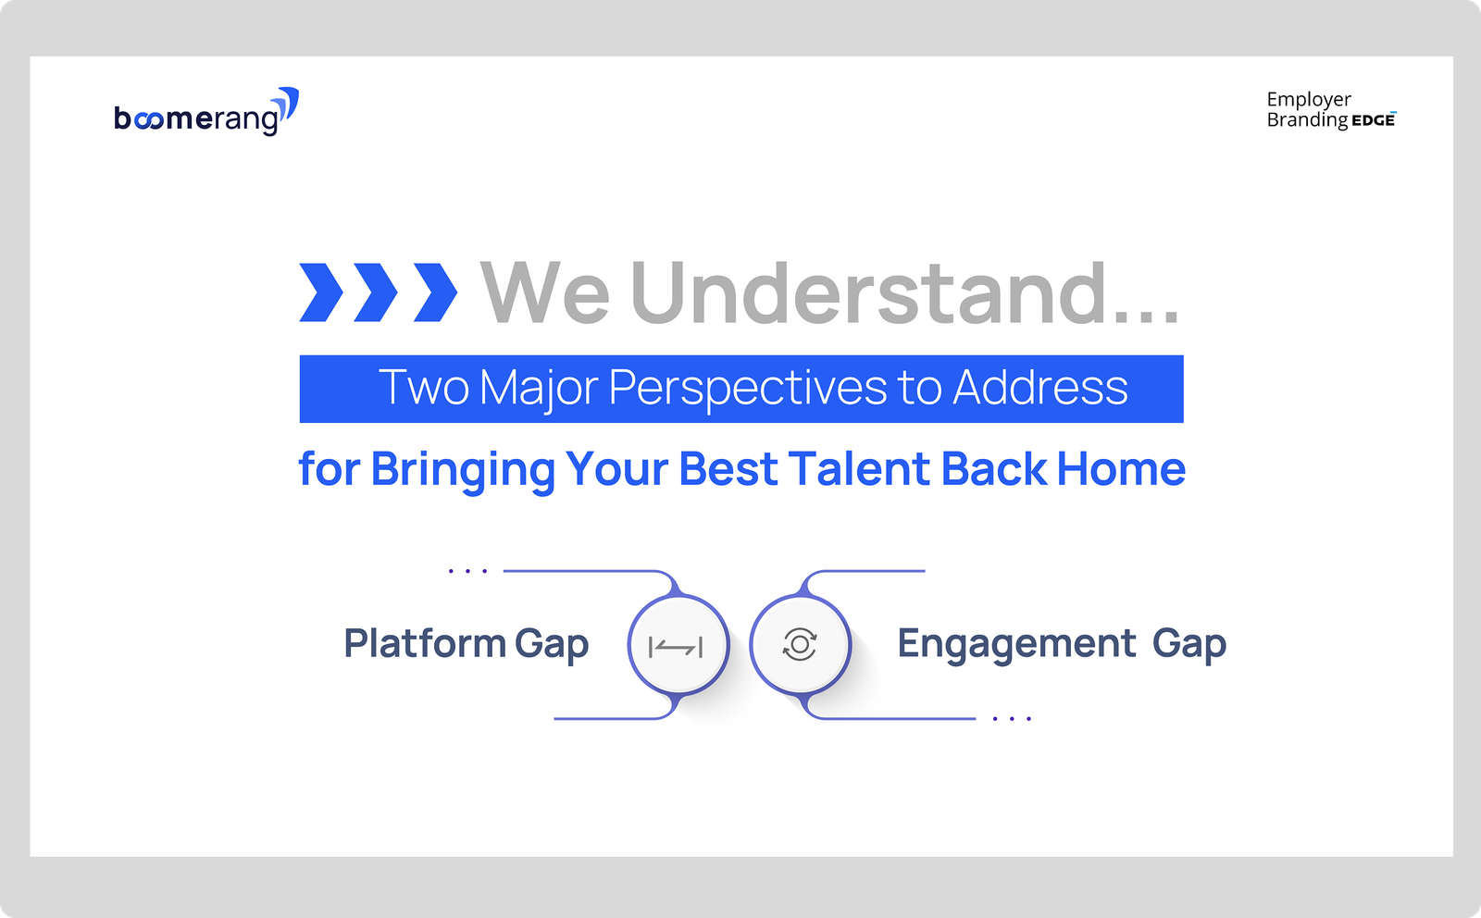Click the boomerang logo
click(206, 112)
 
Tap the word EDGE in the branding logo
click(1374, 120)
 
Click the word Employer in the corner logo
click(1309, 100)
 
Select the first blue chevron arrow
click(321, 292)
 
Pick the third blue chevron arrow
click(435, 292)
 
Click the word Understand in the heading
click(868, 293)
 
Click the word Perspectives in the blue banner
click(748, 388)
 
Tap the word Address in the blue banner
click(1040, 387)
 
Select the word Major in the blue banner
click(539, 389)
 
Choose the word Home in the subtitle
click(1121, 468)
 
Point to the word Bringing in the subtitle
click(463, 470)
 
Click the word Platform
click(425, 643)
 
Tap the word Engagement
click(1016, 644)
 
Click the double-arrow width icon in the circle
click(676, 647)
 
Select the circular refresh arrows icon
click(800, 644)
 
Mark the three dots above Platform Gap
click(468, 570)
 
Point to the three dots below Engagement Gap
click(1013, 718)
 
